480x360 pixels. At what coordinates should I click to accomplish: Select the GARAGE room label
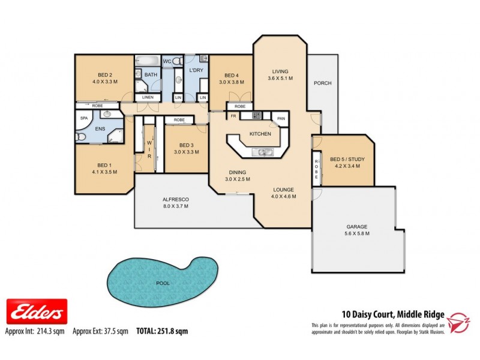(x=356, y=227)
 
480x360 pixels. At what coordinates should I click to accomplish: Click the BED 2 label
(x=104, y=74)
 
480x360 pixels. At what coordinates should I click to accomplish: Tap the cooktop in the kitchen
(x=256, y=115)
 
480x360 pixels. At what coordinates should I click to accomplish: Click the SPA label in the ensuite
(x=84, y=118)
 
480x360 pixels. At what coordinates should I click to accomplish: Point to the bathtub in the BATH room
(x=146, y=61)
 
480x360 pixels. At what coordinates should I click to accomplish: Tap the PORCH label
(x=322, y=83)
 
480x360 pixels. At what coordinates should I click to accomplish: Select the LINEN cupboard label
(x=147, y=97)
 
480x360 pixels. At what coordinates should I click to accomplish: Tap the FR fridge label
(x=232, y=116)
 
